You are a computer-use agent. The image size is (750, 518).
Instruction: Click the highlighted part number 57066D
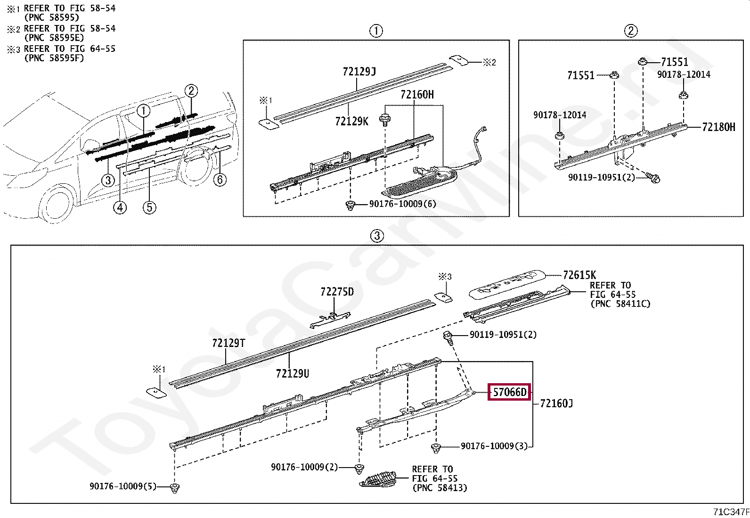point(510,392)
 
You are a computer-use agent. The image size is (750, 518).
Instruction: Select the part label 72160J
point(556,403)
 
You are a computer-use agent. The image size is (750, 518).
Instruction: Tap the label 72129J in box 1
point(359,72)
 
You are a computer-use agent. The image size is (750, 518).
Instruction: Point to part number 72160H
point(417,95)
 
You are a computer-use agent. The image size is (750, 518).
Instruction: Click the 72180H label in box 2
point(718,127)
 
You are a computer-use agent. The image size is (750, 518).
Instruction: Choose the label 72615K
point(579,275)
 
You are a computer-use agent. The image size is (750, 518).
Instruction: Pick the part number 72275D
point(337,292)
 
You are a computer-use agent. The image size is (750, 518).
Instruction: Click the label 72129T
point(228,343)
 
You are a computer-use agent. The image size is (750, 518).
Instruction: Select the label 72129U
point(293,374)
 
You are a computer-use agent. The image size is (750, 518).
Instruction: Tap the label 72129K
point(351,122)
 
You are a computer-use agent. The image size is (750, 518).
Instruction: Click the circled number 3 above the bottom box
point(377,236)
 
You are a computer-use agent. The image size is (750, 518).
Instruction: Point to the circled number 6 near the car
point(220,180)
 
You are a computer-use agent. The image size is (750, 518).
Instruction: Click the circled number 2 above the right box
point(631,31)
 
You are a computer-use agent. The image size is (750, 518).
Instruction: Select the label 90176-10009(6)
point(403,204)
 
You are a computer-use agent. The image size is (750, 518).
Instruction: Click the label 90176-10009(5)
point(123,486)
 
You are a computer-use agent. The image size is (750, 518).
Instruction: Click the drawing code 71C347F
point(731,512)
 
